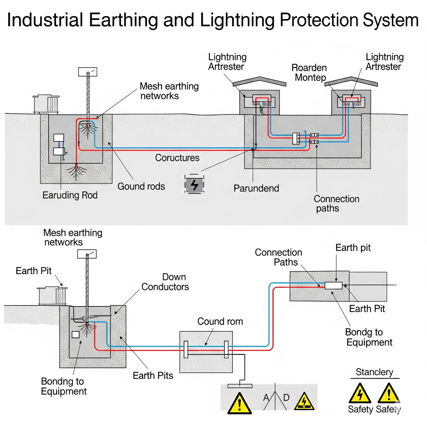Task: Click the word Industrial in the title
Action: pos(45,20)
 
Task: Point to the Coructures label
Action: pos(177,158)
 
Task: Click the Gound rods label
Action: pos(141,186)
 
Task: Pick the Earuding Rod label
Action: pos(70,195)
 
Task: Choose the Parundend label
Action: pos(256,188)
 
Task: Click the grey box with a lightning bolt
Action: pos(194,184)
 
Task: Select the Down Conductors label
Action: pos(165,282)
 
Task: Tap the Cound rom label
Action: pos(220,321)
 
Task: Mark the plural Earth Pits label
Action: pos(153,375)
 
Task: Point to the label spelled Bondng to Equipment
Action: pos(64,386)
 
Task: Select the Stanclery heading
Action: pos(374,372)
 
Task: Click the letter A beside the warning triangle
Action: pos(266,398)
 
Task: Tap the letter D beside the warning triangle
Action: pos(286,398)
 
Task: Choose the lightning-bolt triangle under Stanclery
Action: pos(360,394)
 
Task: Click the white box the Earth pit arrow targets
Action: pos(333,286)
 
